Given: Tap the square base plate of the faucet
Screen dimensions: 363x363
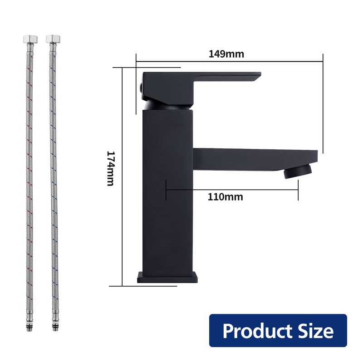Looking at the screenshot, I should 168,277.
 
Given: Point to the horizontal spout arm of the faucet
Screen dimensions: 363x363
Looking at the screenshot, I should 254,159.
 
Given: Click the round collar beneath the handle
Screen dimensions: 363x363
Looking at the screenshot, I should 168,106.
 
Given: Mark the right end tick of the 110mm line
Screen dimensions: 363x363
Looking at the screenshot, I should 298,189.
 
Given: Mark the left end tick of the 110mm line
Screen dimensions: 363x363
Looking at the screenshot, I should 167,189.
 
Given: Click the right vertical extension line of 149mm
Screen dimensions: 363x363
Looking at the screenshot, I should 323,104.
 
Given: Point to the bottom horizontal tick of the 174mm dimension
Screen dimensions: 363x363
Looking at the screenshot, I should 123,286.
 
